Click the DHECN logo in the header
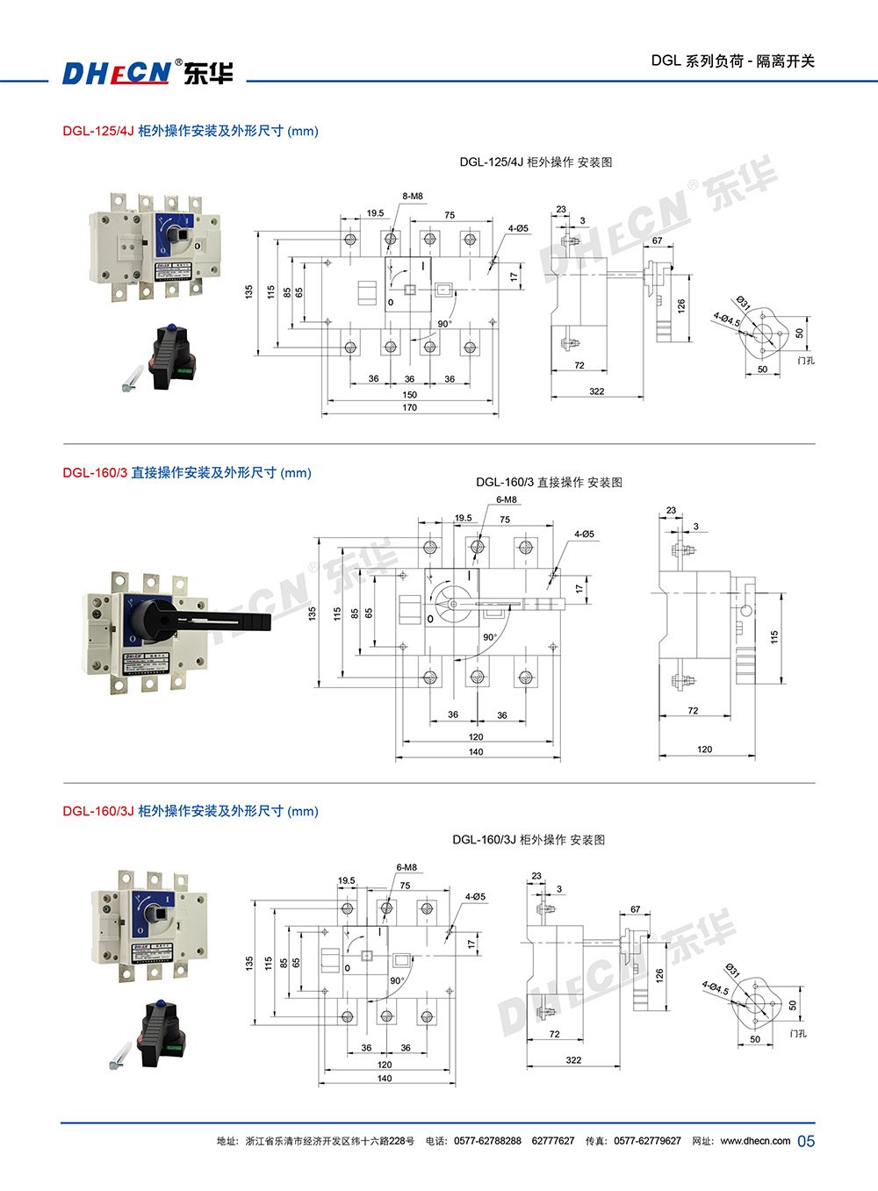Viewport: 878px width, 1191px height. pos(147,73)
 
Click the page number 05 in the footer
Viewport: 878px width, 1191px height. pos(806,1141)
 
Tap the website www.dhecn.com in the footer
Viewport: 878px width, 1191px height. pos(755,1141)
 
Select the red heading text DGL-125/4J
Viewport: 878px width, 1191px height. pos(97,131)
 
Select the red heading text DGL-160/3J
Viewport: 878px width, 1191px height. pos(97,811)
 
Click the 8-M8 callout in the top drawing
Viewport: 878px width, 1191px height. pos(413,197)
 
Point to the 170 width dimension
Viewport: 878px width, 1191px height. pos(410,408)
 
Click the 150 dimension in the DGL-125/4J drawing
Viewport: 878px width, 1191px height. pos(410,395)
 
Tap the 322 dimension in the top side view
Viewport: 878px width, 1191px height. pos(597,391)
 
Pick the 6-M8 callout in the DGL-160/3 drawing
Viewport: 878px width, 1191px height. pos(507,500)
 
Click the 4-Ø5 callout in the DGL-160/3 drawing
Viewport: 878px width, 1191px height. pos(584,534)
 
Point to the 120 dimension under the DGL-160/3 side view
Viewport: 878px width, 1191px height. pos(705,750)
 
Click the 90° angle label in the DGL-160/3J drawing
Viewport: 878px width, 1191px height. pos(397,981)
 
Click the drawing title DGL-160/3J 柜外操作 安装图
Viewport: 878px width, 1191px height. pos(529,840)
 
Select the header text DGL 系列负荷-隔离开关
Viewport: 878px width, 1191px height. pos(732,61)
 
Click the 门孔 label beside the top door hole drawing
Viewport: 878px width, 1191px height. pos(806,361)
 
